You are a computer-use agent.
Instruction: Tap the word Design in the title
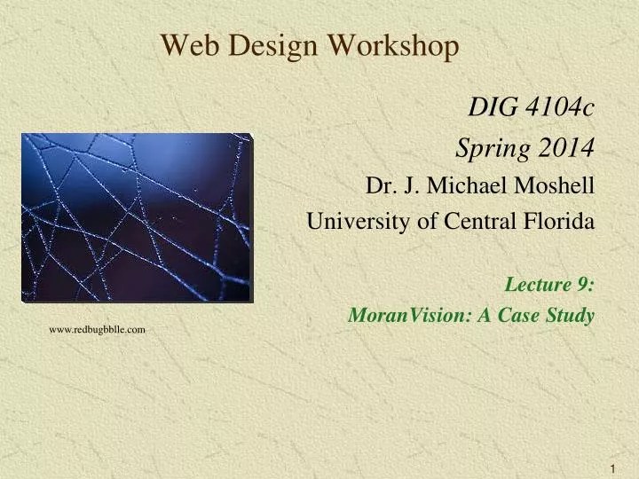262,46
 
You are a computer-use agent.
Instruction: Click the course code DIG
494,108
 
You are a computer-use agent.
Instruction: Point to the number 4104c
560,108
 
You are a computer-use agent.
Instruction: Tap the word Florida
559,222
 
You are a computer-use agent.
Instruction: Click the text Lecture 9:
549,284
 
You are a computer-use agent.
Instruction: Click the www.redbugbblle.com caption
97,329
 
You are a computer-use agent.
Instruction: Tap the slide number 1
613,467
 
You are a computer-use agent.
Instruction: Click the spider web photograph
137,217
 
